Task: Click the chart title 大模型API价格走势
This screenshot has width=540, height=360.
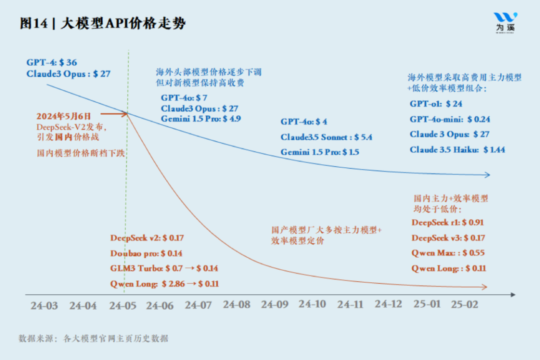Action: click(x=123, y=23)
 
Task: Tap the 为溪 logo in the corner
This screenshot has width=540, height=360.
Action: click(x=505, y=22)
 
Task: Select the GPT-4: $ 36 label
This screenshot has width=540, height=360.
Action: click(x=52, y=62)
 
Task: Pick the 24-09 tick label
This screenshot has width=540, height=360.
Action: click(x=274, y=304)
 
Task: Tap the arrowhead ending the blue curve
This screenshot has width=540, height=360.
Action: click(x=487, y=175)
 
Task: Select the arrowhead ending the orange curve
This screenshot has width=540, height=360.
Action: click(x=483, y=287)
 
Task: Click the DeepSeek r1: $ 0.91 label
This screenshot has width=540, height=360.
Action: click(x=447, y=222)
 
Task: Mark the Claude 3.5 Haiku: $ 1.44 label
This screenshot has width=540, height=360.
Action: click(x=457, y=149)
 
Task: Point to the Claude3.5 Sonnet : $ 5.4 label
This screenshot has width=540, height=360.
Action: click(x=326, y=137)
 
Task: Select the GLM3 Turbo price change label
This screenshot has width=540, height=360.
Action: click(x=164, y=268)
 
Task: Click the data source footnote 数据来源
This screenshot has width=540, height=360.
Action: click(x=93, y=338)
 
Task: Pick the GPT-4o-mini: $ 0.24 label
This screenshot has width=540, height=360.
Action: click(x=449, y=119)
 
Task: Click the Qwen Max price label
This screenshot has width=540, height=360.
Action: click(x=448, y=253)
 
